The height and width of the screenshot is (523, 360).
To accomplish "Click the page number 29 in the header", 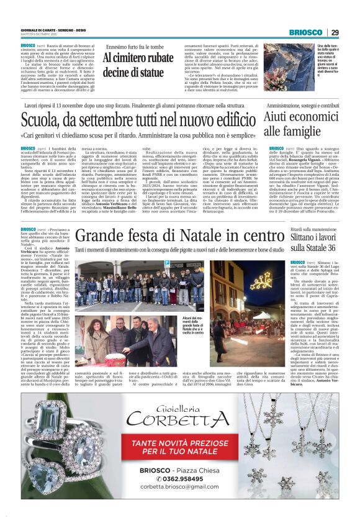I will pos(335,33).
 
